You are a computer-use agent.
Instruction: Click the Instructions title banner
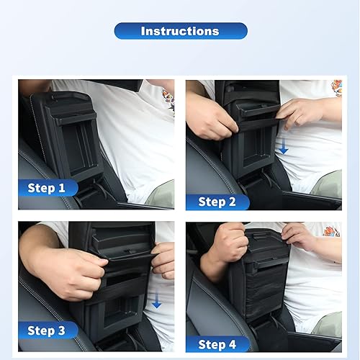pyautogui.click(x=180, y=31)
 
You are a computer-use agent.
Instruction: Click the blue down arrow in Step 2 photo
pyautogui.click(x=284, y=147)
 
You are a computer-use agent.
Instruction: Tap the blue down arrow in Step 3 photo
pyautogui.click(x=157, y=301)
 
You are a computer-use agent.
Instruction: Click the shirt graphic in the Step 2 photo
pyautogui.click(x=336, y=88)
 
